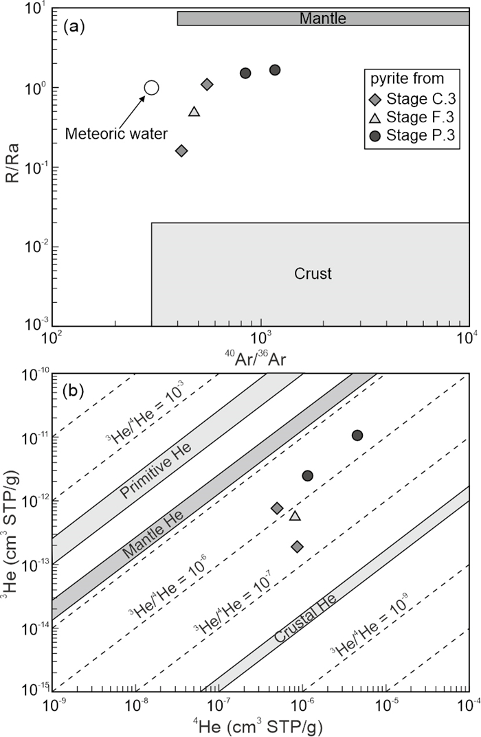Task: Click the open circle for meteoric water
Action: [152, 87]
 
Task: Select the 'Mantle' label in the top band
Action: [323, 19]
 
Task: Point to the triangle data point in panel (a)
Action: [194, 111]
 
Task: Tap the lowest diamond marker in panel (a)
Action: [181, 150]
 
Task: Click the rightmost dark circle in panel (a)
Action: [275, 70]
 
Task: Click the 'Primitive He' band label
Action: [157, 473]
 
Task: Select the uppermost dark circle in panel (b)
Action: [357, 435]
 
